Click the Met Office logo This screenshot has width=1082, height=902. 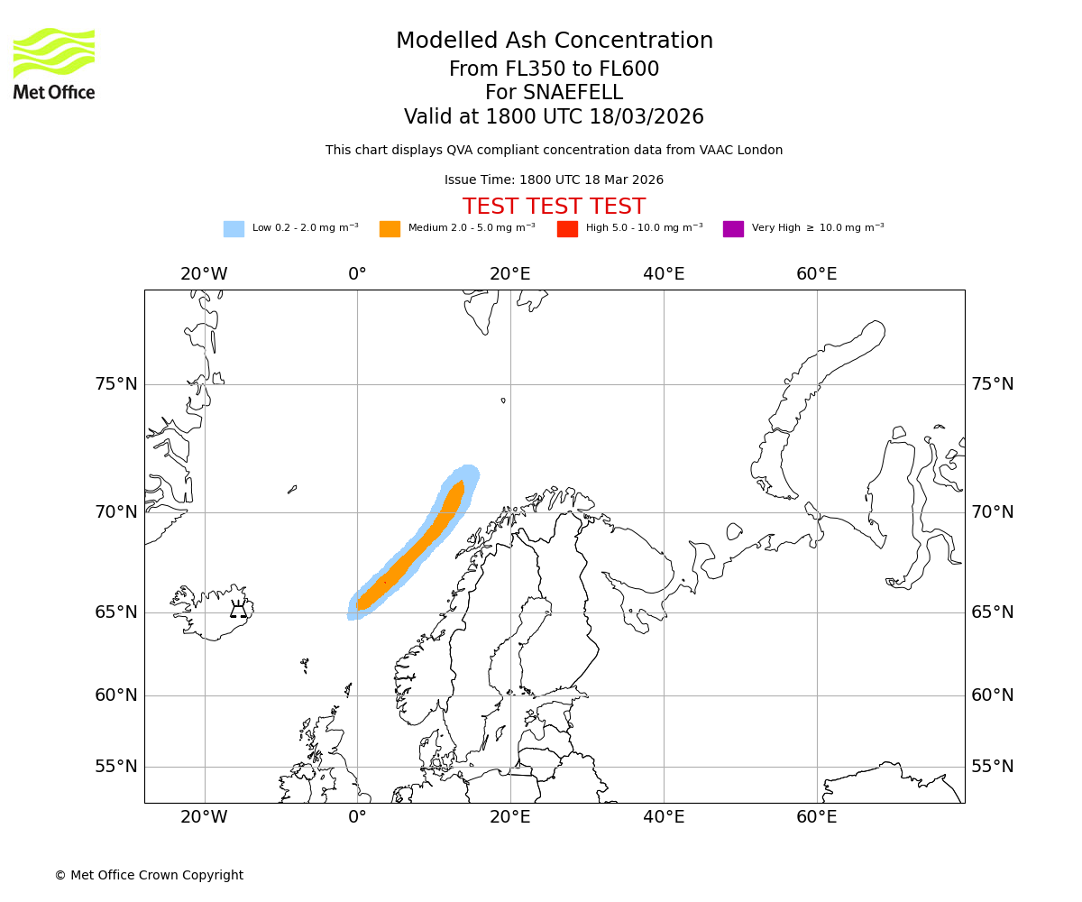point(54,63)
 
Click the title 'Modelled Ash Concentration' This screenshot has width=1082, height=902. point(554,41)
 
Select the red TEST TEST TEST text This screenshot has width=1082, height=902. point(554,207)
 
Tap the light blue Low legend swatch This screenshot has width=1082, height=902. point(234,229)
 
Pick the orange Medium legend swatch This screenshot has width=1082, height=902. point(390,229)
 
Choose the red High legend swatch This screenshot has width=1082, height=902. point(567,229)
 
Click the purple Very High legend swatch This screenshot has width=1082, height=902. point(733,229)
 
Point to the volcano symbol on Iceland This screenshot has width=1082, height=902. point(238,610)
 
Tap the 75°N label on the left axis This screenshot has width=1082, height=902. point(116,384)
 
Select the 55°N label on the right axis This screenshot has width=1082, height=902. point(992,767)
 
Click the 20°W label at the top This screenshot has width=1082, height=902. point(204,274)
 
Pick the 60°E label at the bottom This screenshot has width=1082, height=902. point(816,817)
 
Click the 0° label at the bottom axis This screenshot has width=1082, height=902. point(357,817)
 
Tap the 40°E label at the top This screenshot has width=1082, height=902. point(664,274)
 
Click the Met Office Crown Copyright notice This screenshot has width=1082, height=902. point(149,875)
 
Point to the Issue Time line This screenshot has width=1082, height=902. point(554,180)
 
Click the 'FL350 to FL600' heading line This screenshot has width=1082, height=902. point(554,69)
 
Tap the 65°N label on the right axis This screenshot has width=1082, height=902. point(992,612)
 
